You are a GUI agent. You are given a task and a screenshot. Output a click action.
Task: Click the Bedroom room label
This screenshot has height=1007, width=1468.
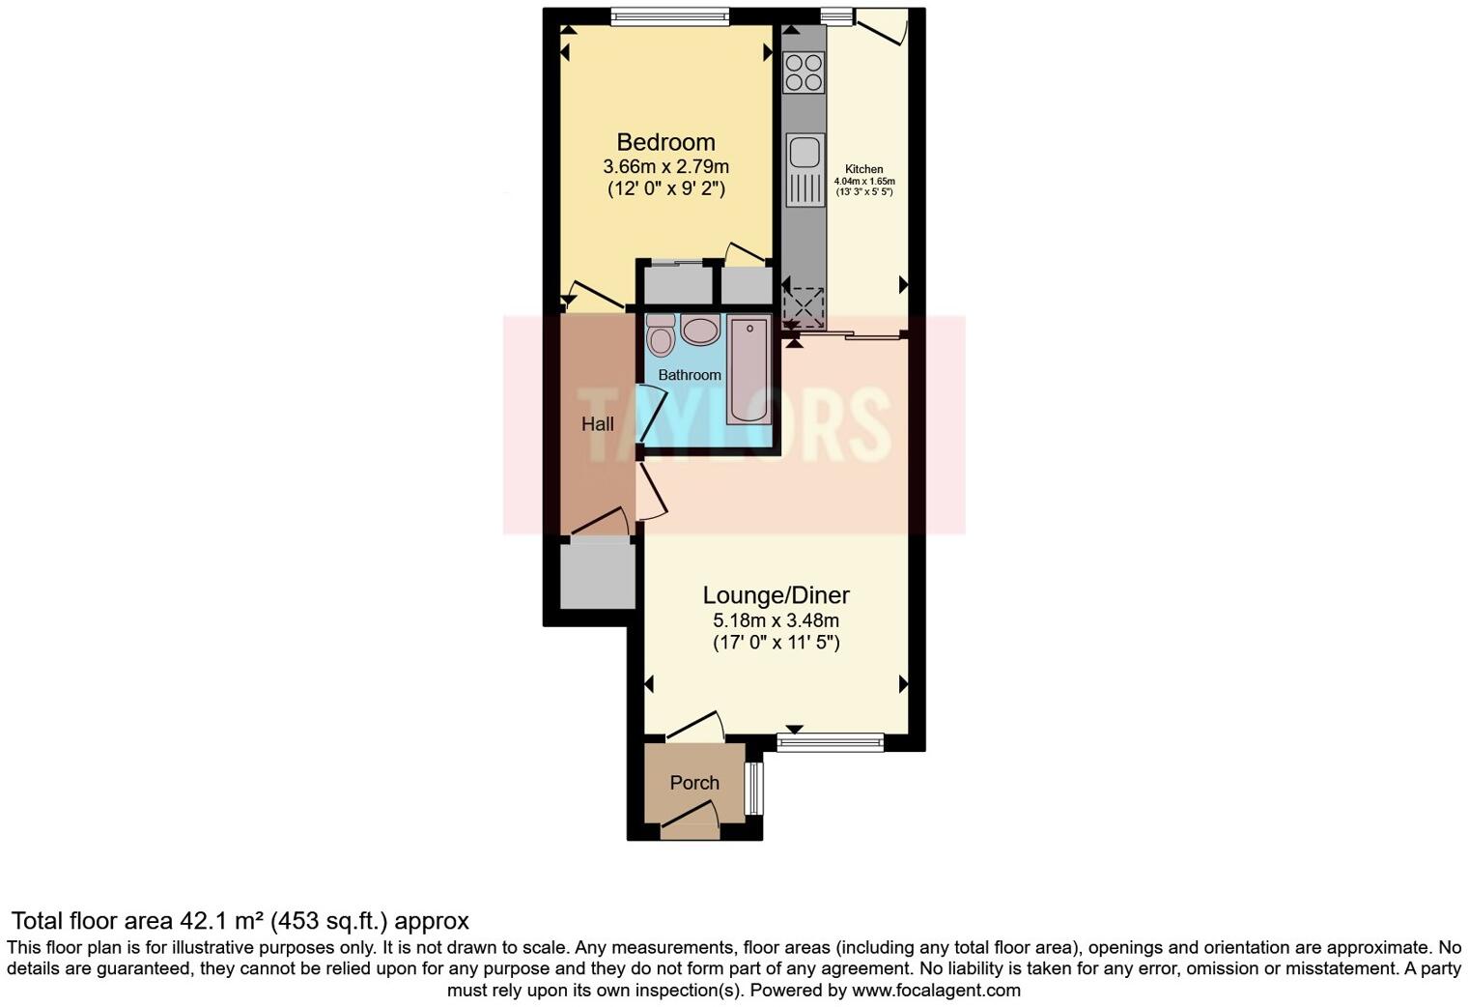(665, 143)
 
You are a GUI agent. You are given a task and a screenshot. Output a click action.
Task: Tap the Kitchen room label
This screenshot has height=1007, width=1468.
(863, 169)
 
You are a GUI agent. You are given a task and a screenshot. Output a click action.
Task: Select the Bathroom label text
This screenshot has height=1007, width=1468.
(690, 375)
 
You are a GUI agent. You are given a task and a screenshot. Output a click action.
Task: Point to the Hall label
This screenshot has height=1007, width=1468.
(598, 424)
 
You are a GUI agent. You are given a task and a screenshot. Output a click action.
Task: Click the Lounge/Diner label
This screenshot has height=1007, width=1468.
(776, 595)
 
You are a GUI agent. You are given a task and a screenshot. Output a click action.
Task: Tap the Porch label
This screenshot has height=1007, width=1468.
(694, 783)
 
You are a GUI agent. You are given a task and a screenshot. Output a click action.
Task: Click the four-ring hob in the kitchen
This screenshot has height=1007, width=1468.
(805, 72)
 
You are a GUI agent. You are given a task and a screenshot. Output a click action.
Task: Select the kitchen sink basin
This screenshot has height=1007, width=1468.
(805, 153)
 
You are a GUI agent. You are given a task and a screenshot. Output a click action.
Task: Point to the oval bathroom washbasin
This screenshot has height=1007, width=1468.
(700, 331)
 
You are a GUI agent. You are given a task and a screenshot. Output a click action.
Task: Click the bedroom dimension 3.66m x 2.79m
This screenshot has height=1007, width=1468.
(665, 167)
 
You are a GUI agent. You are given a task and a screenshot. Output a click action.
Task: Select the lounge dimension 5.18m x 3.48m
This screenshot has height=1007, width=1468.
(776, 620)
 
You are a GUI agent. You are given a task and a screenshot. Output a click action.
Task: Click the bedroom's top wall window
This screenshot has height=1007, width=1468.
(669, 15)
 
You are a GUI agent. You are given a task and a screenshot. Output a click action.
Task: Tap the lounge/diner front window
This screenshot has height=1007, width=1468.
(831, 743)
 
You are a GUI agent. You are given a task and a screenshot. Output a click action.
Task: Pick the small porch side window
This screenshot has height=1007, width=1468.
(755, 789)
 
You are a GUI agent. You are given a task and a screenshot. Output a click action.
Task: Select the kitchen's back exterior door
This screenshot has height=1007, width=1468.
(880, 26)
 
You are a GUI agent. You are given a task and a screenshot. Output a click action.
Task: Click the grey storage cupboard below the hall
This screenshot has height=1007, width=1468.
(598, 575)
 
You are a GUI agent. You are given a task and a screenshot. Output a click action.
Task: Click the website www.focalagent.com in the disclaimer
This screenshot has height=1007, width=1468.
(935, 990)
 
